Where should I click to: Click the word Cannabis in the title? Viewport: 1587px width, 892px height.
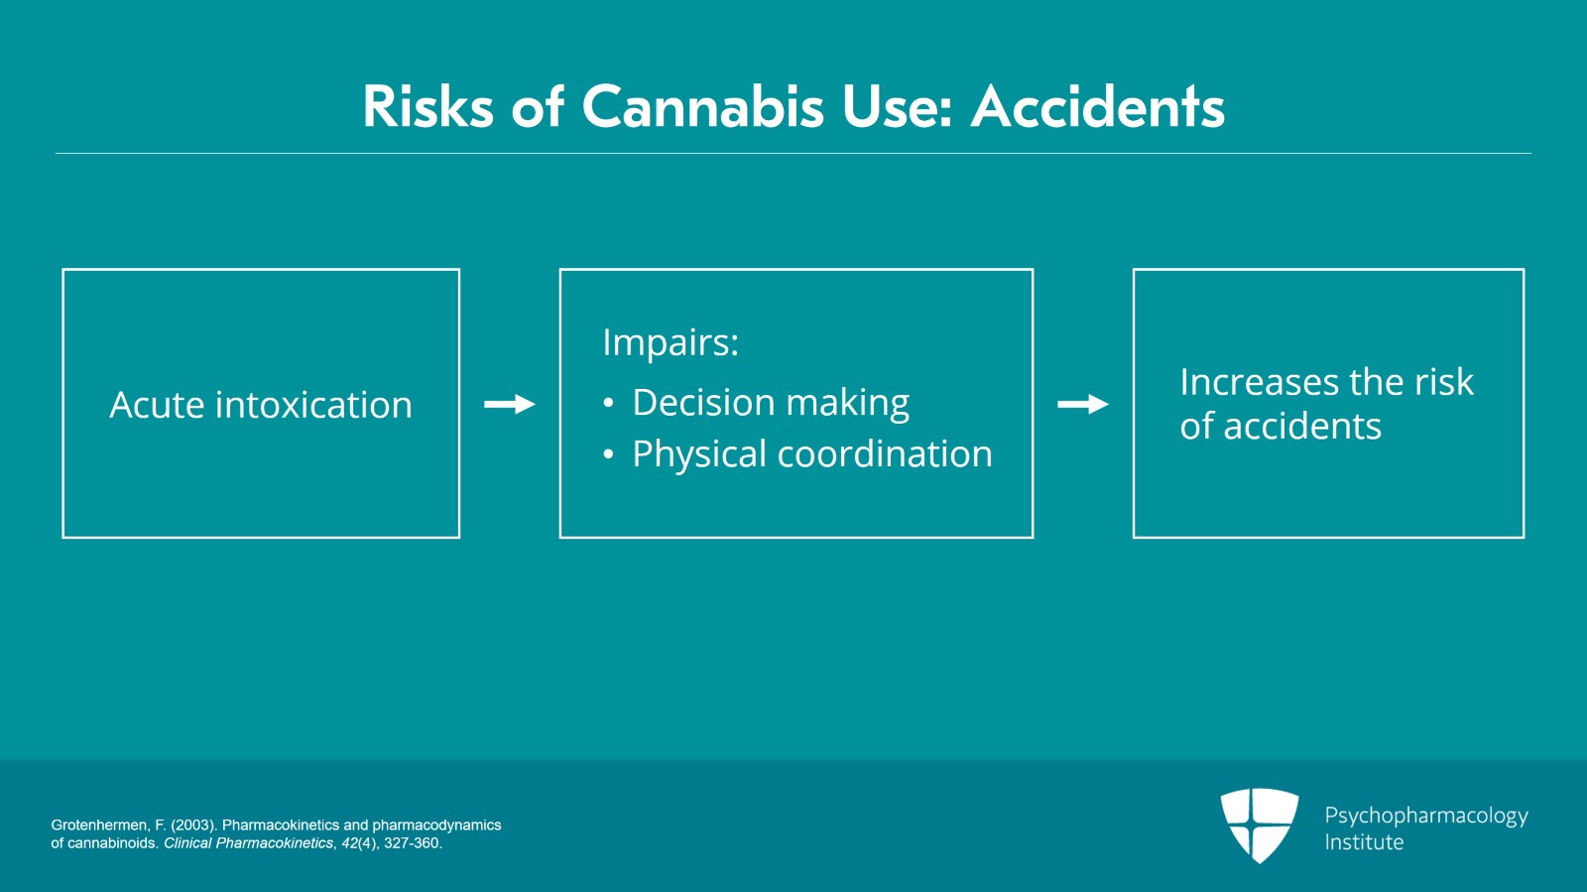[702, 107]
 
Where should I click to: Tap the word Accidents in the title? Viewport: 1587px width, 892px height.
[1097, 107]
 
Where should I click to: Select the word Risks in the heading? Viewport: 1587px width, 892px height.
[427, 107]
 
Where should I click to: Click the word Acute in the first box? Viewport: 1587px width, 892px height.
[157, 405]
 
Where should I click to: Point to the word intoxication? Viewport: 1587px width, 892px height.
[313, 405]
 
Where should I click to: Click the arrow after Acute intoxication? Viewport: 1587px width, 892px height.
[510, 404]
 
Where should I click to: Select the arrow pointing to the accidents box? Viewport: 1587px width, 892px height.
[1082, 404]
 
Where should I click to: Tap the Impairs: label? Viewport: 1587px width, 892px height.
[671, 342]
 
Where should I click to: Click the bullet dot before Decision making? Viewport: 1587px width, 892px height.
[608, 403]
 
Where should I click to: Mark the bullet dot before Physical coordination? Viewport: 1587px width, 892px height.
[608, 454]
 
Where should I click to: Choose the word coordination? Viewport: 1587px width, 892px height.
[885, 453]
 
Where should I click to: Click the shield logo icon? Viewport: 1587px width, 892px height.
[1260, 826]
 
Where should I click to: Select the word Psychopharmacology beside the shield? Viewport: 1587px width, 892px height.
[1426, 817]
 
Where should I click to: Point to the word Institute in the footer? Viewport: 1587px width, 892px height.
[1364, 842]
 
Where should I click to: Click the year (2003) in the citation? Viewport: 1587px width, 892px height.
[194, 826]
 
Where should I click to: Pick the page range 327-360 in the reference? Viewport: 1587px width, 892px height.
[413, 843]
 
